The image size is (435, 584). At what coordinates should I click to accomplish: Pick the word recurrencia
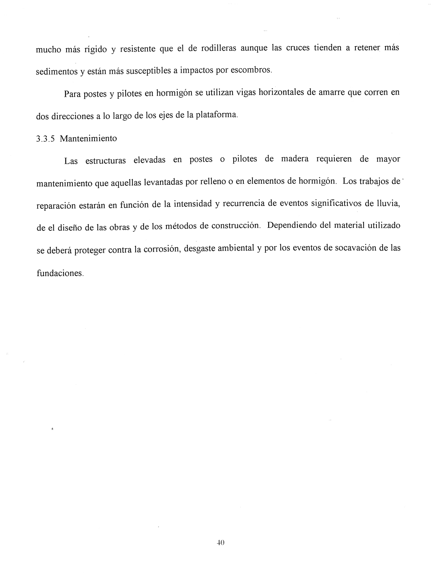pyautogui.click(x=244, y=204)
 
